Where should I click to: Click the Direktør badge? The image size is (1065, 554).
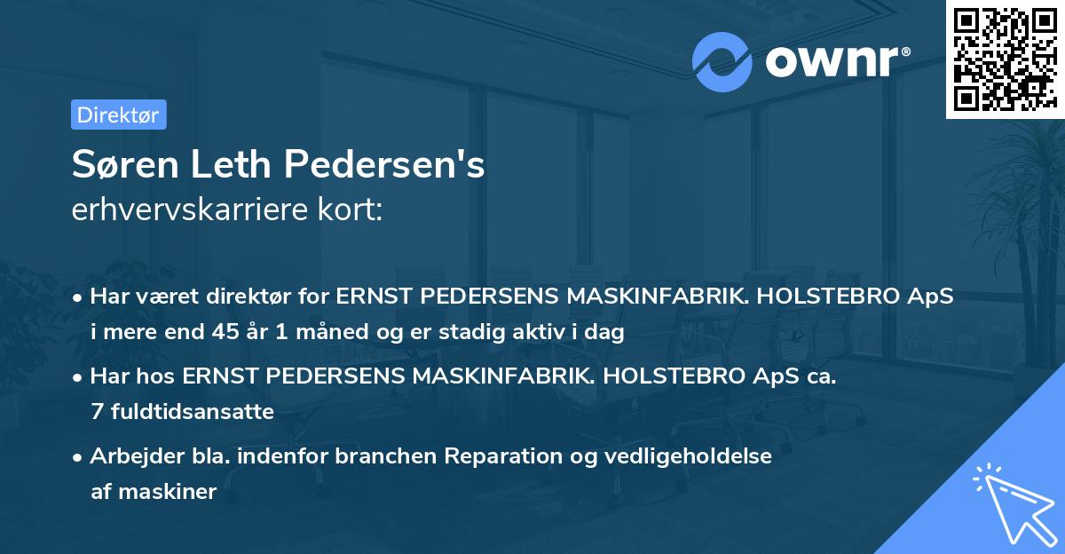tap(118, 115)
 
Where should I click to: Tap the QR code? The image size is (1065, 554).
tap(1003, 59)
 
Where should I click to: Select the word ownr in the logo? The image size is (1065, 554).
tap(834, 61)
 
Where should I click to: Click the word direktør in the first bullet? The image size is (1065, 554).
tap(259, 297)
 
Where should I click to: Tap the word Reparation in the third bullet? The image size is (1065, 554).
tap(501, 455)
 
